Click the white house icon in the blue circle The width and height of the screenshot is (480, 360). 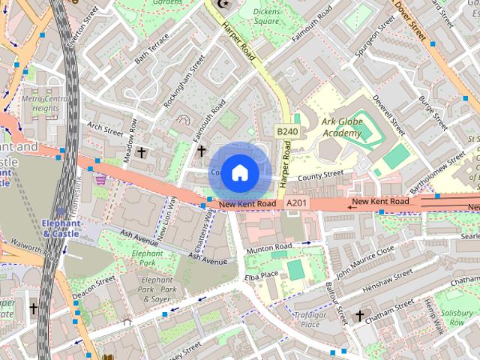(239, 172)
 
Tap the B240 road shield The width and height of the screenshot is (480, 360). (286, 131)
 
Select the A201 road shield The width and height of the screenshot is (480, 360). (295, 203)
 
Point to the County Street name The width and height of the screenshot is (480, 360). (320, 176)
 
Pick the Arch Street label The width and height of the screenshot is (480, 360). (103, 128)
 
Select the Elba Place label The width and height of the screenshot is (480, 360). (261, 275)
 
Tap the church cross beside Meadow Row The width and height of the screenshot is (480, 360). (139, 152)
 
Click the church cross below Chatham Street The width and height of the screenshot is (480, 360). (359, 315)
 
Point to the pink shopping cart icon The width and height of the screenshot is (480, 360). (100, 180)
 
